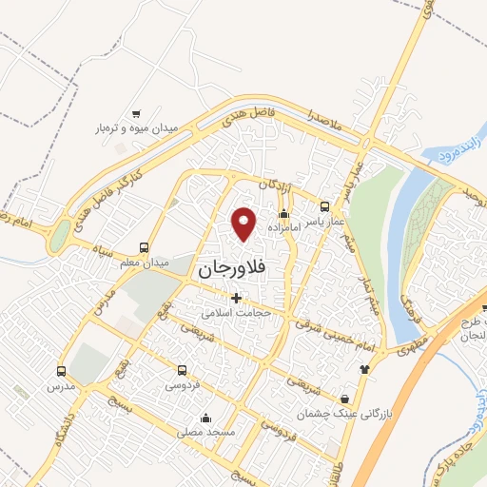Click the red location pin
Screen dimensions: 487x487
click(x=245, y=223)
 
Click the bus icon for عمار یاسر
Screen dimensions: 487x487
click(x=325, y=206)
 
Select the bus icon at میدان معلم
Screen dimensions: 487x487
click(x=144, y=245)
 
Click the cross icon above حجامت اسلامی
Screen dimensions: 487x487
click(x=236, y=298)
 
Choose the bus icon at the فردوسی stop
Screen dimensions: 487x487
click(x=182, y=370)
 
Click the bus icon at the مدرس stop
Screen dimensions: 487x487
click(x=62, y=372)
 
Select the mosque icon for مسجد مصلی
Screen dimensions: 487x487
click(x=205, y=418)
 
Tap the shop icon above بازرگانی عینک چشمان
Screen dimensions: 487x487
click(x=344, y=399)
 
